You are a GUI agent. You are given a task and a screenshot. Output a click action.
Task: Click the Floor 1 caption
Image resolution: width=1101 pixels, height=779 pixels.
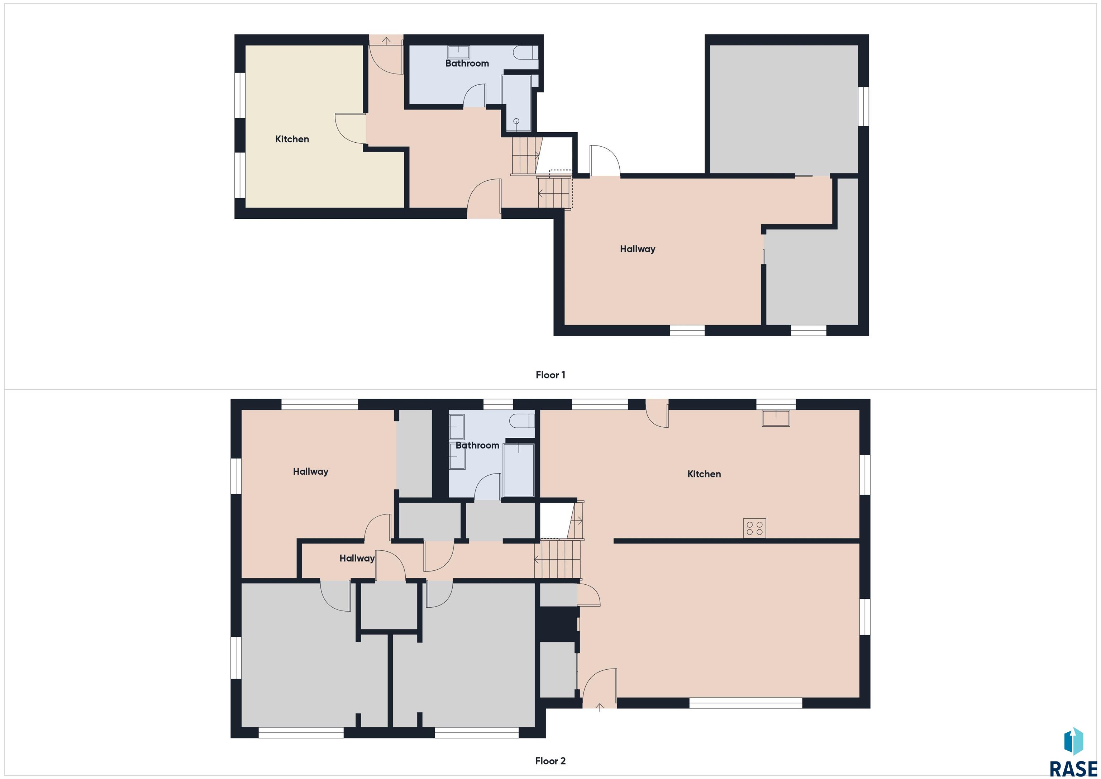click(550, 375)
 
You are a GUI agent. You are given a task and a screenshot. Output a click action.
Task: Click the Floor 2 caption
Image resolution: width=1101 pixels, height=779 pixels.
click(550, 761)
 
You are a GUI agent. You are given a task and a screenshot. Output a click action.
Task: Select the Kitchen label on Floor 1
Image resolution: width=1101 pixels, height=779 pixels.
click(292, 139)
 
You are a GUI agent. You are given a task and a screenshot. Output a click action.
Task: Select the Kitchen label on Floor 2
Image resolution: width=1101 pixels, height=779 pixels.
click(704, 474)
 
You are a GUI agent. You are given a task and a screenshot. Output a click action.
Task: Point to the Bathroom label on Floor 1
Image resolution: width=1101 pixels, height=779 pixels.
click(467, 63)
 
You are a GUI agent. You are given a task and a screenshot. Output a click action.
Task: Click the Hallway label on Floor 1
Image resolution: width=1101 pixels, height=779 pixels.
click(637, 249)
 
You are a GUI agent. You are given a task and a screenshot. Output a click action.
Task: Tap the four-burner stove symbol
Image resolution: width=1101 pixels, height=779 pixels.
click(754, 528)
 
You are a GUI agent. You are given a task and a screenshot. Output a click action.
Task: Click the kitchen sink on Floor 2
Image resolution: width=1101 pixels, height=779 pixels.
click(776, 418)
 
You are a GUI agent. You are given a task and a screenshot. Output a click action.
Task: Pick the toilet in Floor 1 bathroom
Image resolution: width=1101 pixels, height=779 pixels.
click(526, 53)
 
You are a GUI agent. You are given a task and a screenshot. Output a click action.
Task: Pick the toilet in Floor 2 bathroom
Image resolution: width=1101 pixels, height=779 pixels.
click(522, 421)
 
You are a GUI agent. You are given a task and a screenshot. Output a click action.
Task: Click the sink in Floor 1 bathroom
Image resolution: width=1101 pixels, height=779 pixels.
click(458, 52)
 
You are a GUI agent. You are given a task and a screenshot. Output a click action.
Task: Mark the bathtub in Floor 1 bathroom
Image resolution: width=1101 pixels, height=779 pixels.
click(516, 103)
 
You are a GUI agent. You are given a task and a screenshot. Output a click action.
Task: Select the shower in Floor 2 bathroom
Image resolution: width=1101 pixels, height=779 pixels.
click(519, 470)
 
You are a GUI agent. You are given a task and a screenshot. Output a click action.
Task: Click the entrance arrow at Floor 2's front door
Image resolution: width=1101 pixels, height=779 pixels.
click(599, 707)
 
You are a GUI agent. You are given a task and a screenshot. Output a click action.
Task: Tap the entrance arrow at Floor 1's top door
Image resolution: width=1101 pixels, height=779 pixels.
click(386, 40)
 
